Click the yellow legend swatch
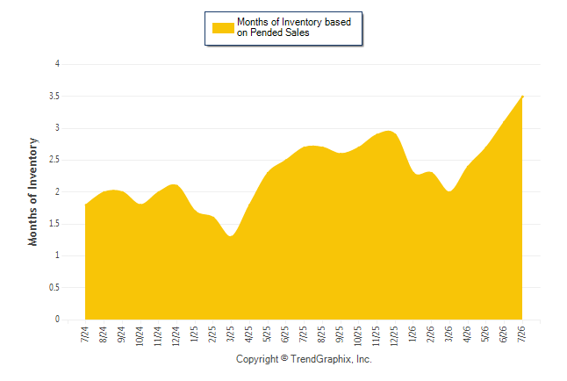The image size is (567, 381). coord(223,28)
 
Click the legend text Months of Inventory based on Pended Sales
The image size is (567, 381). coord(294,27)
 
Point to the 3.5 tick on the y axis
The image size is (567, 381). coord(54,97)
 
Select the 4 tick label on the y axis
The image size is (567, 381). coord(57,64)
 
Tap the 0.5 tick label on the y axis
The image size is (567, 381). coord(54,288)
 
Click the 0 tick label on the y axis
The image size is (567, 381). coord(57,320)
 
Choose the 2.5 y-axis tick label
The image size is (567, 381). coord(54,160)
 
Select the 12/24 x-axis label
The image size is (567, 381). coord(176,336)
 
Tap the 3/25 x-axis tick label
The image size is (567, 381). coord(231,334)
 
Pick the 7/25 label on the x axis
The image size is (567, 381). coord(304,334)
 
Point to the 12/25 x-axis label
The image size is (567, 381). coord(394,336)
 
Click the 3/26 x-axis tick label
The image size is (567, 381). coord(449,334)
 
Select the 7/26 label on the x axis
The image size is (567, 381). coord(522,334)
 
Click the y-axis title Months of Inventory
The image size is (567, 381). coord(32,191)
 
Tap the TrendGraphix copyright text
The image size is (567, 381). coord(304,359)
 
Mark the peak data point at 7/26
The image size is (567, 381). coord(522,97)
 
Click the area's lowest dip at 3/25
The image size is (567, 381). coord(231,236)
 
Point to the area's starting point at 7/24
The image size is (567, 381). coord(86,205)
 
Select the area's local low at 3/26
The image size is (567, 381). coord(449,191)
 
